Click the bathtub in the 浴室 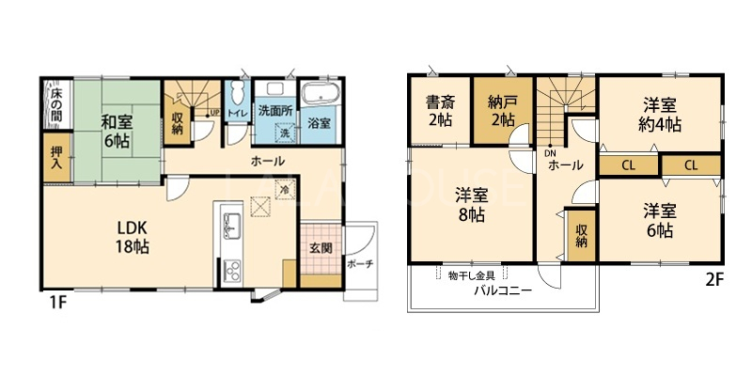(321, 95)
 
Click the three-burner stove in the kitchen (232, 272)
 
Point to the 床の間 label (56, 104)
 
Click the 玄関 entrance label (321, 248)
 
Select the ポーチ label (360, 263)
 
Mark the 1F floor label (56, 303)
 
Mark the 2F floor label (713, 279)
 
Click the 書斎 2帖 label (441, 111)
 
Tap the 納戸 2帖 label (502, 111)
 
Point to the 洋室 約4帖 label (660, 114)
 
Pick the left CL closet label (629, 166)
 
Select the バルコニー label (503, 291)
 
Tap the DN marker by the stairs (550, 154)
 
